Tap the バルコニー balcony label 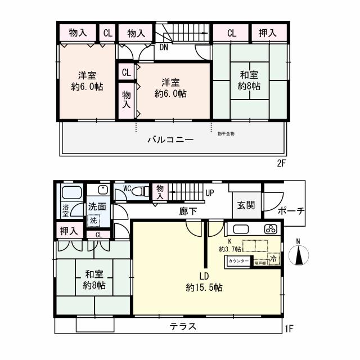(x=170, y=139)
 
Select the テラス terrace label (x=184, y=327)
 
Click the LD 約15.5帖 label (x=204, y=282)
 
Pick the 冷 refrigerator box (x=273, y=259)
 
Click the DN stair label (x=163, y=47)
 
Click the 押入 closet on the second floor (x=268, y=33)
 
